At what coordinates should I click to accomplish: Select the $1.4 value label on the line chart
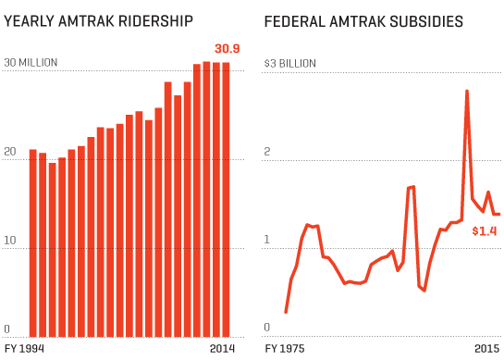click(485, 230)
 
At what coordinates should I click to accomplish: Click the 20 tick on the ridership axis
click(9, 152)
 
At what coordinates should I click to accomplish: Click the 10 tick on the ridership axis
click(9, 241)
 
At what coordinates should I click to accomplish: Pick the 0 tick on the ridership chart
click(6, 329)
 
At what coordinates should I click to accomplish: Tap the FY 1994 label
click(24, 349)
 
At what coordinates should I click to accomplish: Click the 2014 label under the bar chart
click(223, 349)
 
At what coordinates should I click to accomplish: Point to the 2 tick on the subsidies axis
click(269, 152)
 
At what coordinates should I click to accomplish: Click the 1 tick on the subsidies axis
click(268, 241)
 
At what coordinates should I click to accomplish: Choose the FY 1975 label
click(285, 349)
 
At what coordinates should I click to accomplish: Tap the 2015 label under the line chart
click(487, 349)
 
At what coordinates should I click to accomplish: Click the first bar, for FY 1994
click(33, 242)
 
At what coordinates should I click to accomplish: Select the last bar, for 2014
click(226, 199)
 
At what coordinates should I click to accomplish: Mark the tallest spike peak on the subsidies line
click(467, 91)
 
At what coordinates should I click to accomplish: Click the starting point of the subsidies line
click(286, 312)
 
